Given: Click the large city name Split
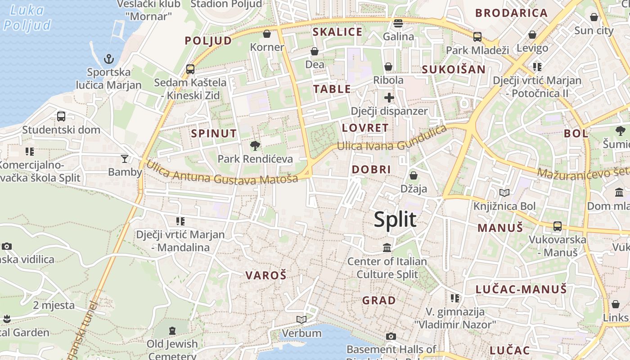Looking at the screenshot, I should (395, 220).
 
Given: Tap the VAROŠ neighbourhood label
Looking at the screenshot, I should (266, 275).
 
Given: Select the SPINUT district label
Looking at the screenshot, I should (214, 133).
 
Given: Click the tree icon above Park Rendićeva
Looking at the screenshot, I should (255, 146).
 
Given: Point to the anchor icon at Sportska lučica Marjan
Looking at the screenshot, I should (109, 59).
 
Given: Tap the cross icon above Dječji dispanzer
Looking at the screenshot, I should (389, 98).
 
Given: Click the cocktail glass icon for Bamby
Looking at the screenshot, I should (125, 158).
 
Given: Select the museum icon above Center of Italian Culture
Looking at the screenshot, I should (387, 248).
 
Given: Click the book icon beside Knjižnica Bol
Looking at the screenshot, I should (504, 193).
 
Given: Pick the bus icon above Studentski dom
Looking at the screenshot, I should (61, 117).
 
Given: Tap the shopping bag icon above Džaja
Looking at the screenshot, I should (414, 175).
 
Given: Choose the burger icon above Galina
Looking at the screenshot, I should (398, 23).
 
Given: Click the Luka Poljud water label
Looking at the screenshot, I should (27, 18).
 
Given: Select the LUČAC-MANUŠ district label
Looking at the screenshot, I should (522, 289).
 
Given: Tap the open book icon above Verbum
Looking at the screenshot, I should (301, 320).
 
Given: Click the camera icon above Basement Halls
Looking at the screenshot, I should (391, 336).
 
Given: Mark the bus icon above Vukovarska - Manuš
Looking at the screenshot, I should (558, 226).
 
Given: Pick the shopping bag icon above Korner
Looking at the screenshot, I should (267, 34).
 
